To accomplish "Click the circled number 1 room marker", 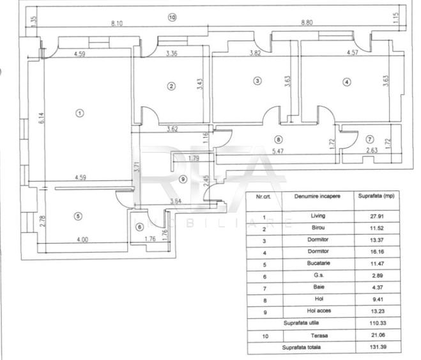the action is coord(79,113).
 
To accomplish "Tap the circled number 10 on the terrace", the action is coord(172,17).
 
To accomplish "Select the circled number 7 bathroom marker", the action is coord(370,139).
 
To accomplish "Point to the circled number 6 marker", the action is coord(139,227).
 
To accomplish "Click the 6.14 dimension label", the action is coord(41,118).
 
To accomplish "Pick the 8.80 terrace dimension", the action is coord(307,22).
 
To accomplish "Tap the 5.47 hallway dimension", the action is coord(278,152).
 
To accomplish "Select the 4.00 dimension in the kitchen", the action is coord(82,239).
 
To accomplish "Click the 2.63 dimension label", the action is coord(372,150).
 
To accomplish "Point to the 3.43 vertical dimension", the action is coord(200,84).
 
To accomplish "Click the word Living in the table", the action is coord(318,215).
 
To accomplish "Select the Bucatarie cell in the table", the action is coord(318,263).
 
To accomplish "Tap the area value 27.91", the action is coord(377,216).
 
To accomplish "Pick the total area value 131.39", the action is coord(378,347).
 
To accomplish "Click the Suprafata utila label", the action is coord(302,323).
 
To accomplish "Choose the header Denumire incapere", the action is coord(318,196).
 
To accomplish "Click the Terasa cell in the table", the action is coord(319,336).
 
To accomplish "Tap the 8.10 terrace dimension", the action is coord(117,24).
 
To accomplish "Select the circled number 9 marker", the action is coord(183,179).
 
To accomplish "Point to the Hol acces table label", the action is coord(319,311).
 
